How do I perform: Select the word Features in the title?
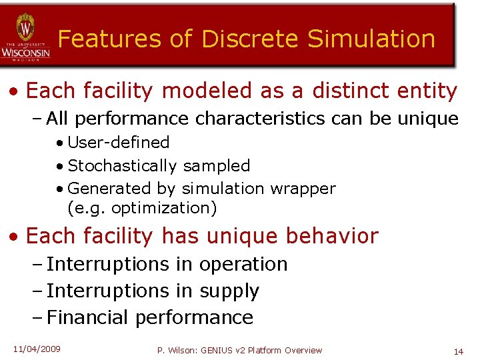108,39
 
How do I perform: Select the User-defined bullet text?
119,143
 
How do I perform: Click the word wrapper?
303,189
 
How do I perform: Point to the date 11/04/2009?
37,349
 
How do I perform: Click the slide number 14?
458,351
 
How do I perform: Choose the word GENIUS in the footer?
213,351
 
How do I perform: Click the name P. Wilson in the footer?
175,351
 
